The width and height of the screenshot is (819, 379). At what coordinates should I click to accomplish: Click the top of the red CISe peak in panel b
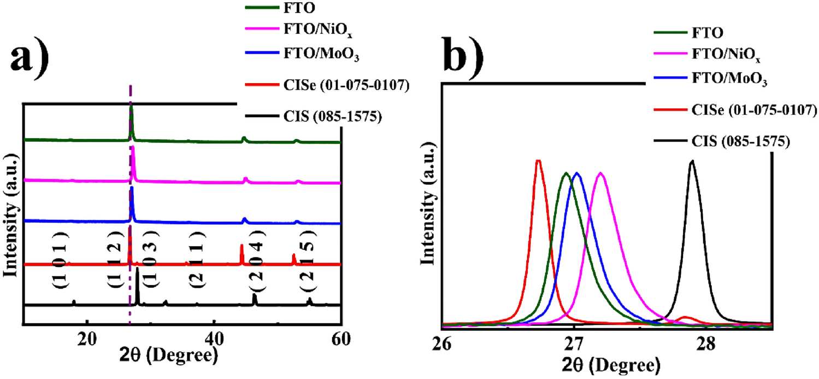coord(538,160)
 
